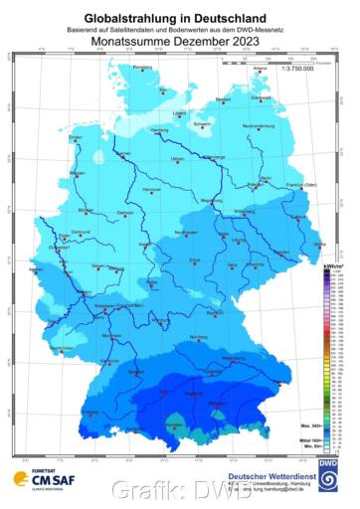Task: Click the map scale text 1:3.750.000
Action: click(298, 78)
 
